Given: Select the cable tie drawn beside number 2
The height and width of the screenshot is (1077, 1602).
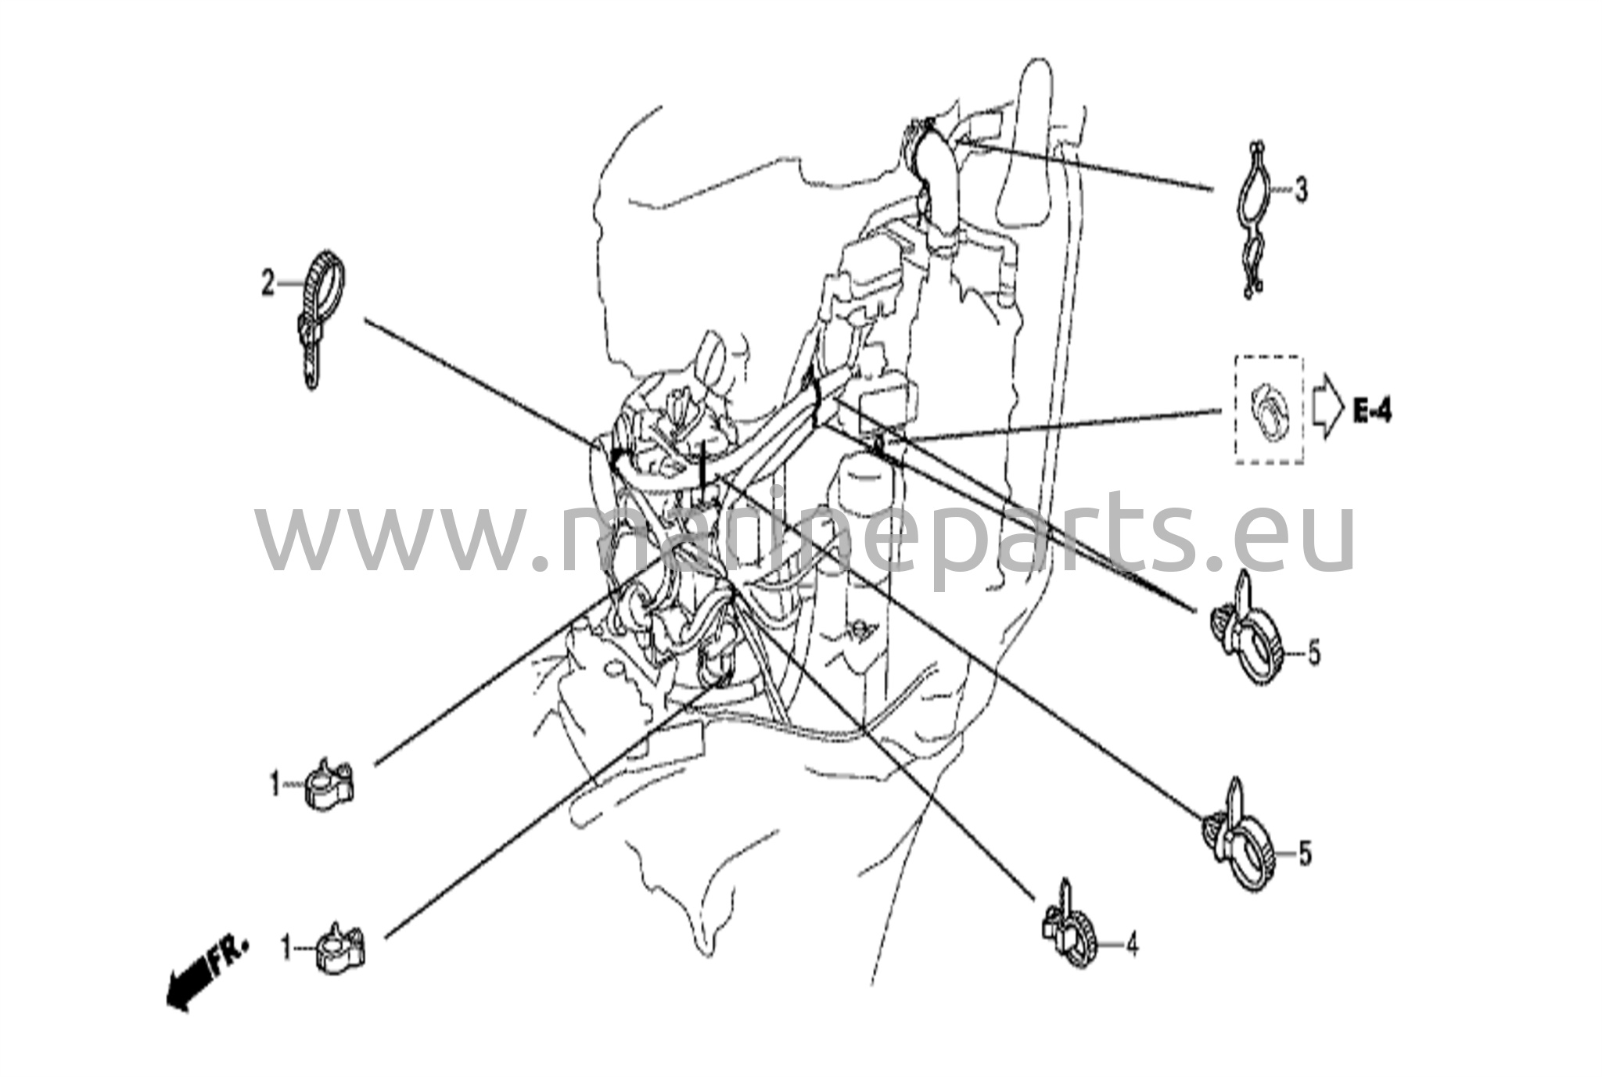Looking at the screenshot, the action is point(321,317).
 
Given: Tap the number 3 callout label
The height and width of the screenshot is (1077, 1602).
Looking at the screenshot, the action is point(1300,190).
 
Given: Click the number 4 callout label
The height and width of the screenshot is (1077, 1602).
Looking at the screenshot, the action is point(1132,946).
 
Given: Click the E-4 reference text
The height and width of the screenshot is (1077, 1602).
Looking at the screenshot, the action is point(1374,410).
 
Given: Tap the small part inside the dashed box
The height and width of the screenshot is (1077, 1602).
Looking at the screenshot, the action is point(1269,410).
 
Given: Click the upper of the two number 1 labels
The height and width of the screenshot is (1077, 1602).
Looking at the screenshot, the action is point(275,784).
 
